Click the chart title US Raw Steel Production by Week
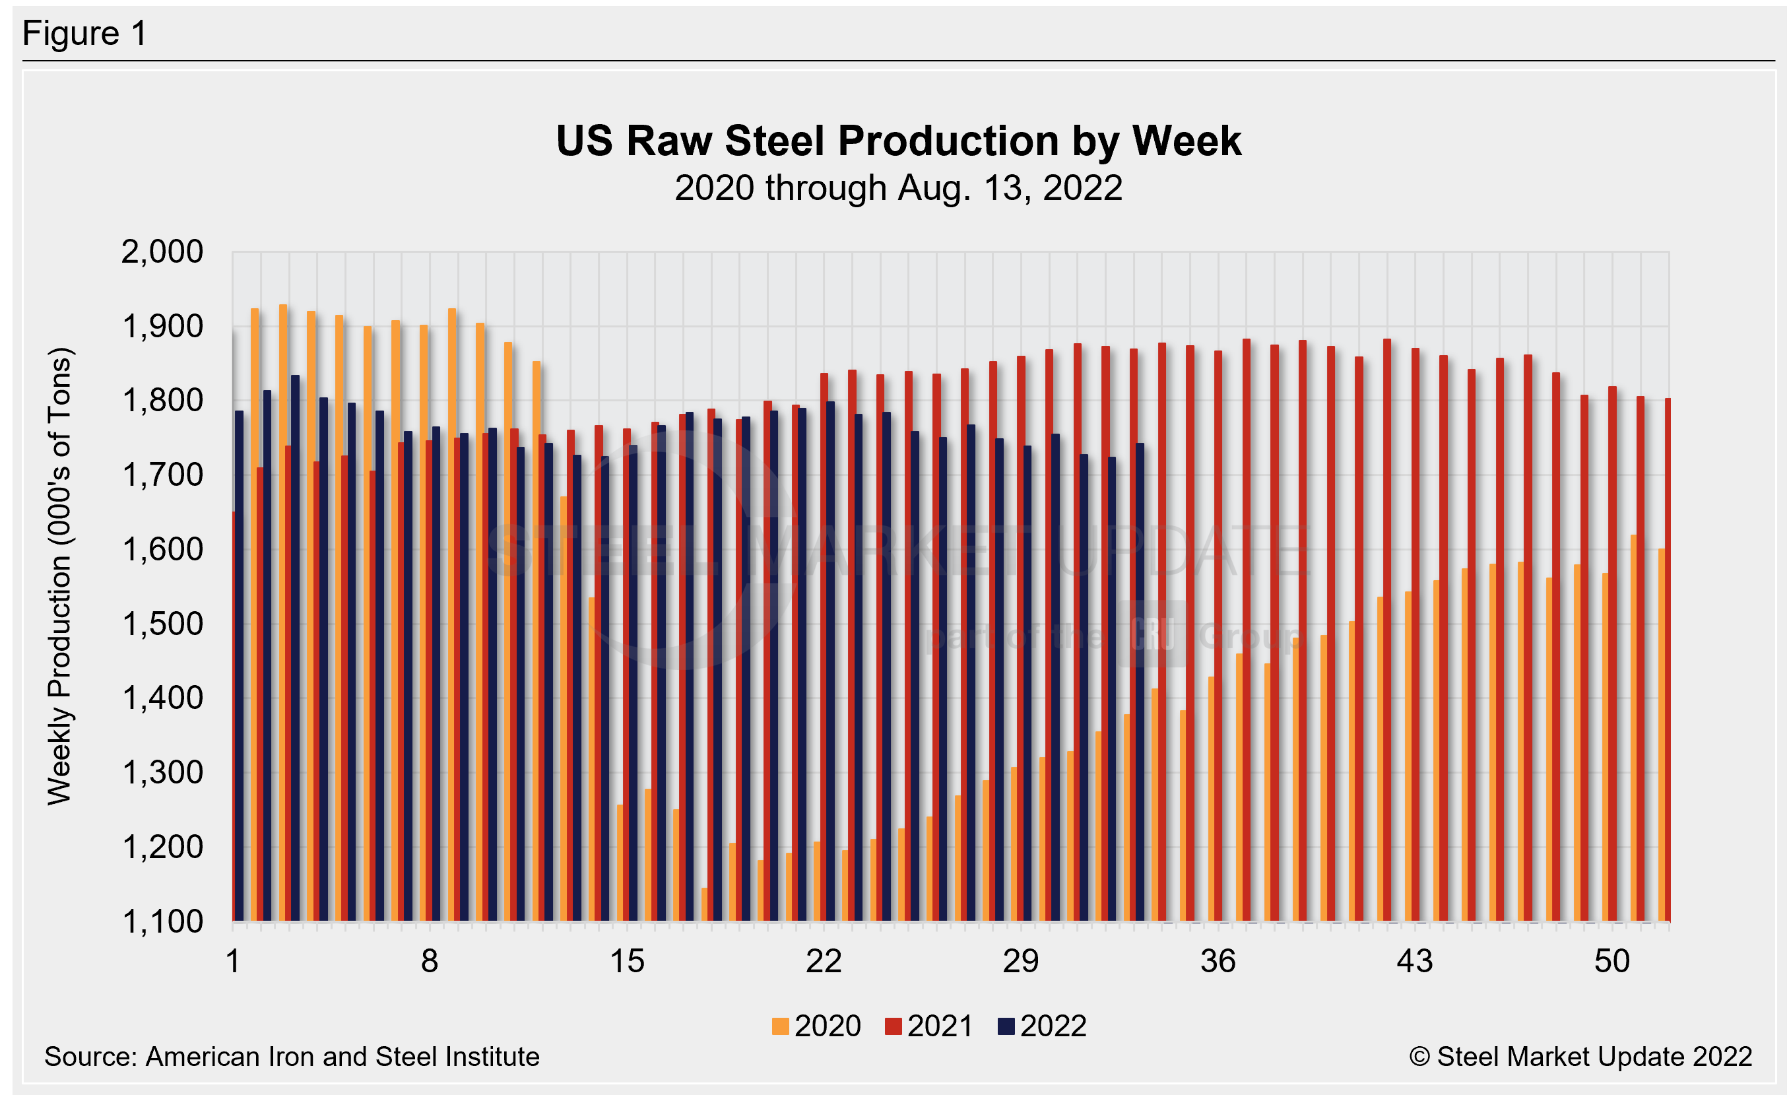(898, 141)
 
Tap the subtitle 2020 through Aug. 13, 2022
(898, 189)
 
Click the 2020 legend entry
(818, 1026)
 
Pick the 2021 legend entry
(930, 1026)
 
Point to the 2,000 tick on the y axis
(162, 252)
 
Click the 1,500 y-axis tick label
(162, 624)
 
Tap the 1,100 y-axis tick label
(162, 921)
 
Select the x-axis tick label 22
(824, 962)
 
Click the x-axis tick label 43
(1414, 962)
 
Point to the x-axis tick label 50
(1611, 962)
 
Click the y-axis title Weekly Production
(59, 576)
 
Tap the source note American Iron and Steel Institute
(292, 1057)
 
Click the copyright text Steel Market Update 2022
(1581, 1057)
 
